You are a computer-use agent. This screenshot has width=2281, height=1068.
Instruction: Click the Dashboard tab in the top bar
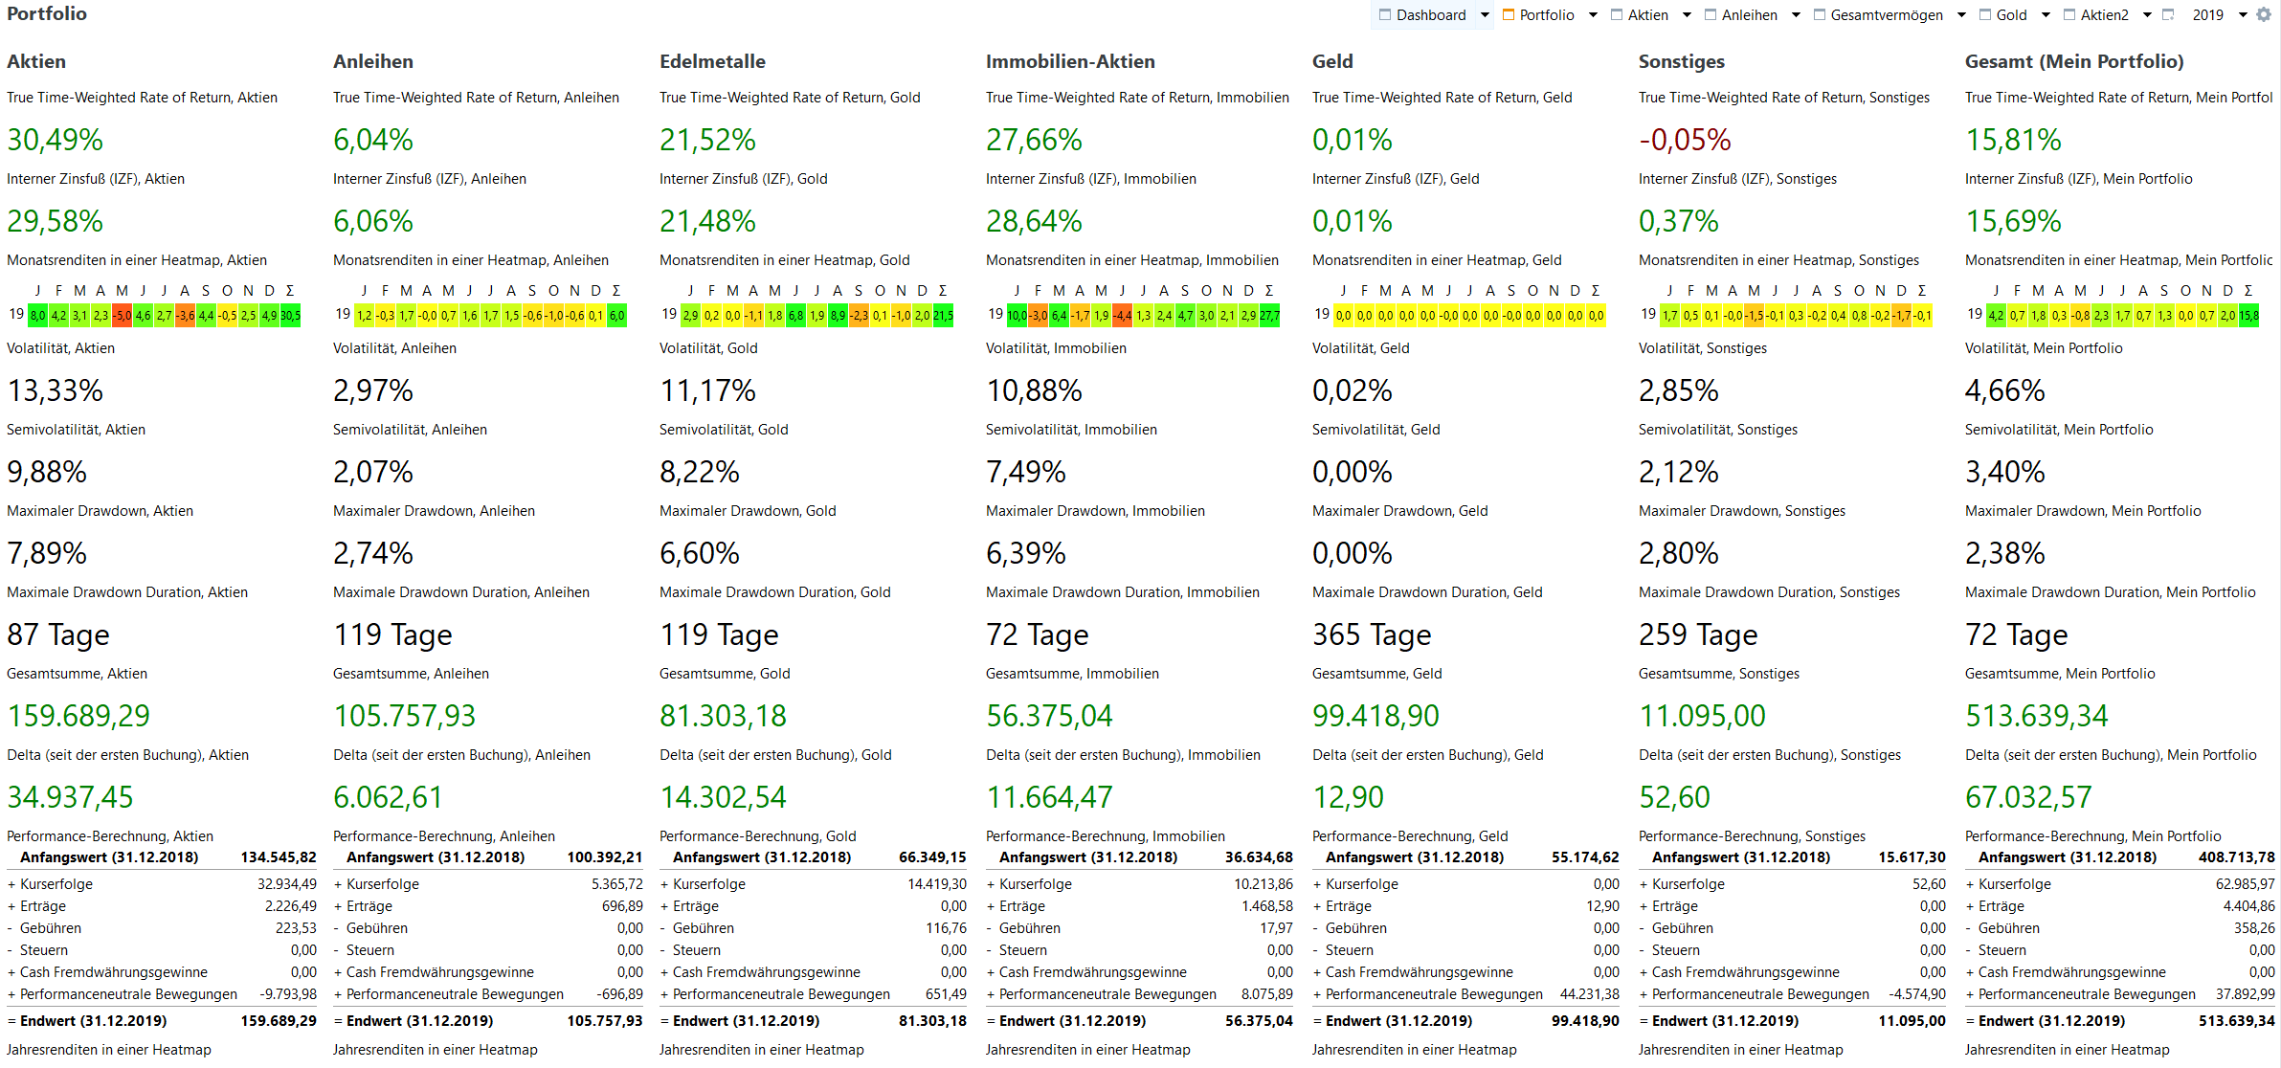[1430, 15]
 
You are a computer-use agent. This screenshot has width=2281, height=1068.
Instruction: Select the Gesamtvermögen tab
[1886, 15]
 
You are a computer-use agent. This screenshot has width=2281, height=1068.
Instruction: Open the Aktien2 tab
[2104, 15]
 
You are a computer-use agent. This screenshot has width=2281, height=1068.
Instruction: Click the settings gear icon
[2264, 14]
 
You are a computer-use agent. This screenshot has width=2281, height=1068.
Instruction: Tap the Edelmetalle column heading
[712, 61]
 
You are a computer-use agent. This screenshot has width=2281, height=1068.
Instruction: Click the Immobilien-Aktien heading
[1070, 61]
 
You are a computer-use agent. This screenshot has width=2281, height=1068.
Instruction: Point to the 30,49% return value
[55, 140]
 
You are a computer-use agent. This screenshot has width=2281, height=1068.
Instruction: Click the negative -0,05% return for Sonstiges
[1685, 140]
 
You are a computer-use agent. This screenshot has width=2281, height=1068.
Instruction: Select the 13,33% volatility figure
[55, 390]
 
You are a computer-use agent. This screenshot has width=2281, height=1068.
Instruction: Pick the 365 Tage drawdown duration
[1372, 634]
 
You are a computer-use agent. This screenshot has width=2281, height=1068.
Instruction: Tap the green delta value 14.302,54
[723, 797]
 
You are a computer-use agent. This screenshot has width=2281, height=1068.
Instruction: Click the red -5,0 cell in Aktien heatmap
[122, 316]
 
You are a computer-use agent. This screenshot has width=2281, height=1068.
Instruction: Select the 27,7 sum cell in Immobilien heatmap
[1270, 316]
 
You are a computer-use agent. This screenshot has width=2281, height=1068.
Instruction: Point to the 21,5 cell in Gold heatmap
[944, 316]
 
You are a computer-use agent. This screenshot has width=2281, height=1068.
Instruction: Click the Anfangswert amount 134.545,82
[279, 857]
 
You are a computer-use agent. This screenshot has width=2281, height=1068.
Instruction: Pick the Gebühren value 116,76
[946, 928]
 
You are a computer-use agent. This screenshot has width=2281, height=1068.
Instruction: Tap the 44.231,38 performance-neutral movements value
[1589, 994]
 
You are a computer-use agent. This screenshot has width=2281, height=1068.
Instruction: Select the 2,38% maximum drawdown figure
[2004, 553]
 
